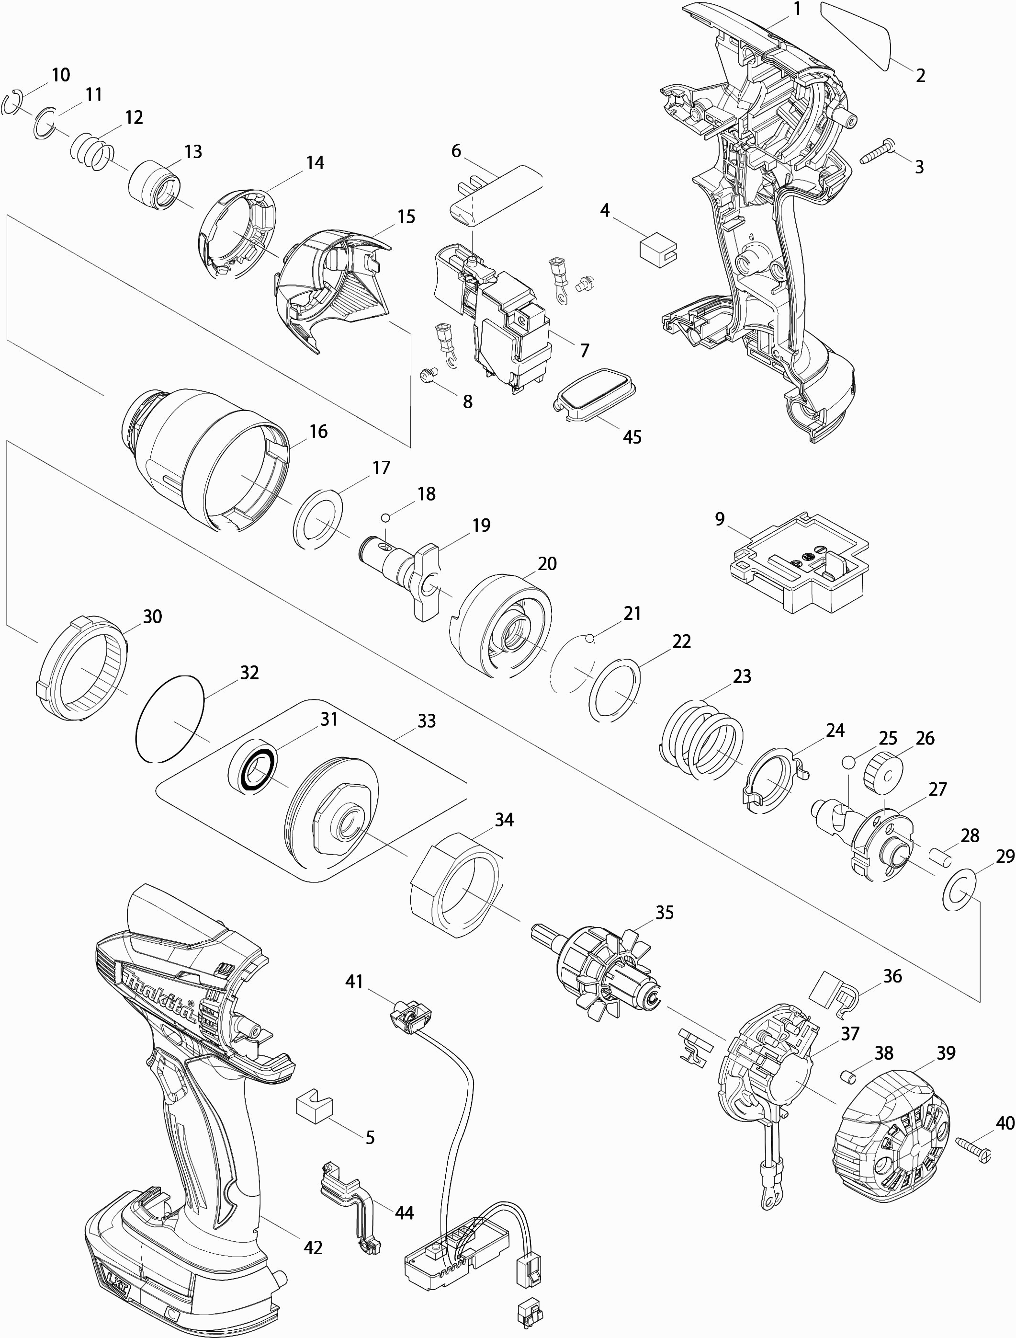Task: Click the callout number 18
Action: pos(426,494)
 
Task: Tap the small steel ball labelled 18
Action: pos(385,517)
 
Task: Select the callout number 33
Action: pos(426,721)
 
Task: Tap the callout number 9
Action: pos(719,519)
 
